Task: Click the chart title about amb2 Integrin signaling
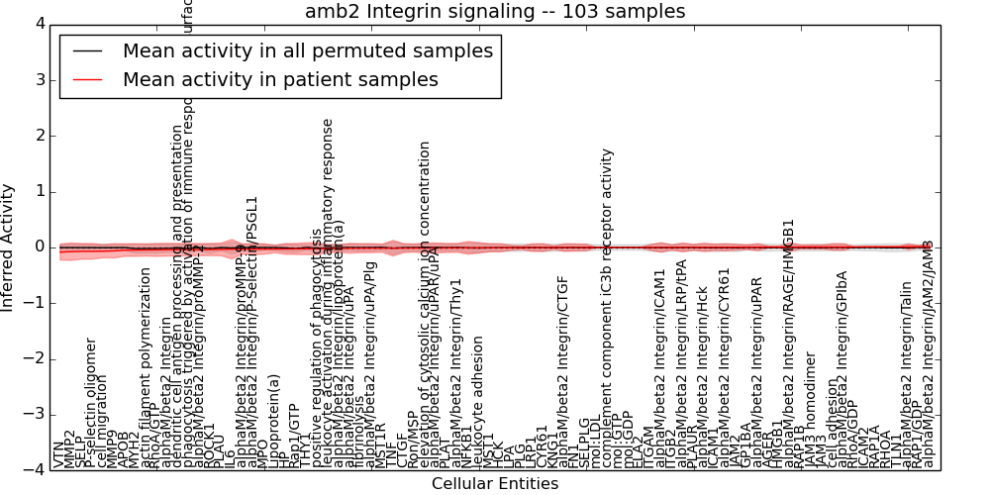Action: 495,12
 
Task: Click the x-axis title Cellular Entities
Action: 495,484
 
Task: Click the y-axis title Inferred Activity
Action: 9,247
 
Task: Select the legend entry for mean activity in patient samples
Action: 280,79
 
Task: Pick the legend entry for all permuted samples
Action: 307,50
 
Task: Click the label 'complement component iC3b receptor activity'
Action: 608,308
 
